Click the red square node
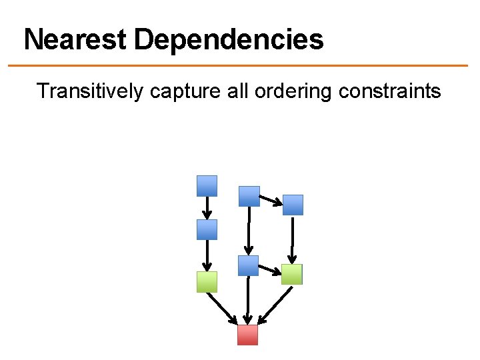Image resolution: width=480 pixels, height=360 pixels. coord(247,335)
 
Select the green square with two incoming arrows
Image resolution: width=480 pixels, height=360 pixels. coord(291,274)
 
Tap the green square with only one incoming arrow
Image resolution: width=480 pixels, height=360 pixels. coord(207,282)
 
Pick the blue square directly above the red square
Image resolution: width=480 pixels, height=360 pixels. coord(248,265)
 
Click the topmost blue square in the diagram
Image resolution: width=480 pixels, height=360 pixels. coord(207,185)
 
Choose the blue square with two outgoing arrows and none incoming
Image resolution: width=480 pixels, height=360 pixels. coord(249,195)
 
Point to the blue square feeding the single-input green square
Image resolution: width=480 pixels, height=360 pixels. coord(207,229)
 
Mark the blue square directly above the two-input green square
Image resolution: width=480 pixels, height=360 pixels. coord(292,205)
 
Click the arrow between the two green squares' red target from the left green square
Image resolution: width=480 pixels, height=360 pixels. coord(223,307)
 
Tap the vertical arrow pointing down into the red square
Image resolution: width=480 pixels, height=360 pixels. coord(247,300)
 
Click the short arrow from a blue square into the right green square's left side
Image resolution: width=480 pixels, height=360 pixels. coord(269,269)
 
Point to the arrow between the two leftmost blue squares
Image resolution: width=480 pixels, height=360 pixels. coord(207,207)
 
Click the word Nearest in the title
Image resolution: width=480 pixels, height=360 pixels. coord(75,40)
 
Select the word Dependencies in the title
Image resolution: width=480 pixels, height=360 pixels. coord(228,40)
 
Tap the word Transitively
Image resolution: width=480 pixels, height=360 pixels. coord(90,90)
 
